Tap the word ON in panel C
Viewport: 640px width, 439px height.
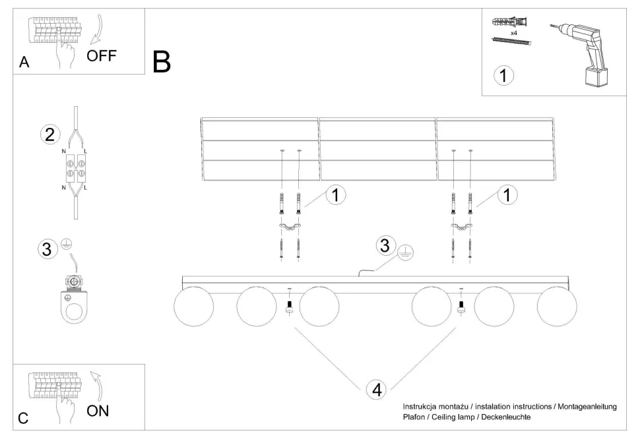98,411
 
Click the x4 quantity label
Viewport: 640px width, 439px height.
514,32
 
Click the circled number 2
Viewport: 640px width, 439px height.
49,135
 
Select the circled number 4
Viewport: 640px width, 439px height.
377,389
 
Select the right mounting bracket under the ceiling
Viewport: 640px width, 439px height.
461,227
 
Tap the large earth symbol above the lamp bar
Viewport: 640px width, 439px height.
407,252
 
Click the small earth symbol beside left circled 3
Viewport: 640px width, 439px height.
66,245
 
